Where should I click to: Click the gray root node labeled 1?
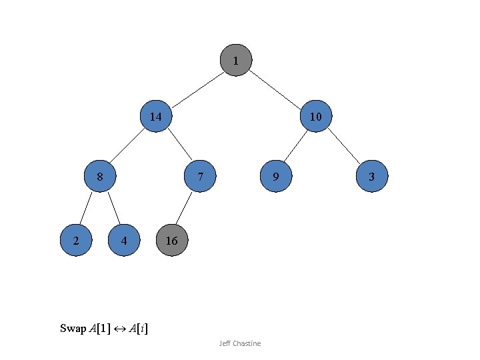(235, 61)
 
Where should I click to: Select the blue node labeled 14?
(155, 117)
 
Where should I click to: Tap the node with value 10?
(316, 117)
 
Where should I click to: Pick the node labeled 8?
(99, 177)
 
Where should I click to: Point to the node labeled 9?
(275, 177)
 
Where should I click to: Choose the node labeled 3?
(372, 177)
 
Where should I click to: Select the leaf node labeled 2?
(75, 241)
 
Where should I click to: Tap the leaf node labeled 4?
(125, 241)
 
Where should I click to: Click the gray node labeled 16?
(171, 241)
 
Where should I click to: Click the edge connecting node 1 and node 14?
(197, 89)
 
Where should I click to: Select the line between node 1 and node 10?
(276, 89)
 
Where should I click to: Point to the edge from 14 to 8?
(127, 146)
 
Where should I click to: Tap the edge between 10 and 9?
(295, 146)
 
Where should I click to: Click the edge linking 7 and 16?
(185, 209)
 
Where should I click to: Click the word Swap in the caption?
(73, 328)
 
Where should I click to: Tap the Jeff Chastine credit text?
(240, 343)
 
